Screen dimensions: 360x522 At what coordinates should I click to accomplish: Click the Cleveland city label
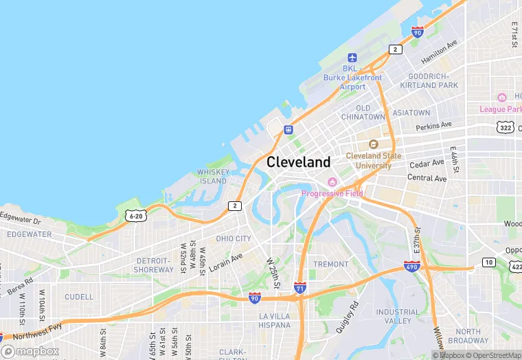[x=298, y=162]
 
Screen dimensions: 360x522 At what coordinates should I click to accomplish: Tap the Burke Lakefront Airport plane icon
[x=352, y=57]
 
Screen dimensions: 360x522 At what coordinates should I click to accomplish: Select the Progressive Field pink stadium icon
[x=332, y=182]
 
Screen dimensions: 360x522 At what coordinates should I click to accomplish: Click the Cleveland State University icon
[x=374, y=144]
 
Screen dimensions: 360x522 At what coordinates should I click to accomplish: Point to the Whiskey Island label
[x=212, y=177]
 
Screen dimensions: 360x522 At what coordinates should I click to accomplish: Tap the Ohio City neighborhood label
[x=234, y=239]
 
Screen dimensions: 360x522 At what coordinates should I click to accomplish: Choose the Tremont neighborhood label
[x=331, y=264]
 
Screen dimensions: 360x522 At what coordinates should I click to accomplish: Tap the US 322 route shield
[x=506, y=127]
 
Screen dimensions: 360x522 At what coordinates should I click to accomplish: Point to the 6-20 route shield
[x=136, y=216]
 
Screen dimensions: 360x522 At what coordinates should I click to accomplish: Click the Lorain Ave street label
[x=226, y=262]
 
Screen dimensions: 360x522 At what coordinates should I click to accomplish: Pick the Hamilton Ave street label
[x=439, y=52]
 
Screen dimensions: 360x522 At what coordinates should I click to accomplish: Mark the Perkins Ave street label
[x=434, y=126]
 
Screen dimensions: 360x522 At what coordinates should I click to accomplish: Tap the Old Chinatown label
[x=363, y=113]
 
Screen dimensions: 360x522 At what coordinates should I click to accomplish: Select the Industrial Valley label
[x=398, y=316]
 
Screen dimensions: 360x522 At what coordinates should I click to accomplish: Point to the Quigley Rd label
[x=348, y=316]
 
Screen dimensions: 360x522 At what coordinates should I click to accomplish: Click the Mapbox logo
[x=30, y=351]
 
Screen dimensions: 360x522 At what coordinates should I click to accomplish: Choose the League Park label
[x=501, y=109]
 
